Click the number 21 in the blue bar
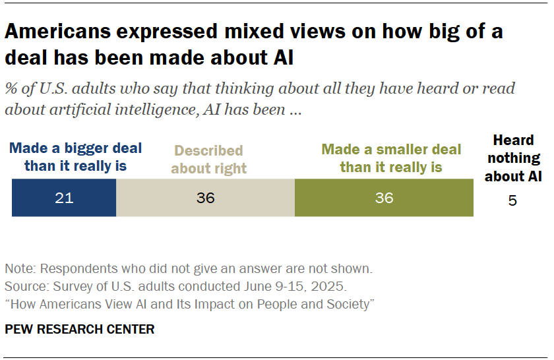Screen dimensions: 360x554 coord(64,198)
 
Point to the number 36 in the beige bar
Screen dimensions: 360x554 coord(206,198)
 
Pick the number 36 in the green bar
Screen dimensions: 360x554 coord(384,198)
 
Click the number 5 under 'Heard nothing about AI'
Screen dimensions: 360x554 coord(512,200)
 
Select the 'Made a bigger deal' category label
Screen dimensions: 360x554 coord(75,157)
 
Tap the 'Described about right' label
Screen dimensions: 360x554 coord(208,160)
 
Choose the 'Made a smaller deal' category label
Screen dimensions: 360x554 coord(391,158)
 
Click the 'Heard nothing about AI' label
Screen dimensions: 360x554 coord(512,158)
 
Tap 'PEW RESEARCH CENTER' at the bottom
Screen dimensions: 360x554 coord(80,329)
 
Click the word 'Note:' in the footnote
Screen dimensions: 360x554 coord(20,269)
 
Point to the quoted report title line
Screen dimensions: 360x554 coord(190,304)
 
